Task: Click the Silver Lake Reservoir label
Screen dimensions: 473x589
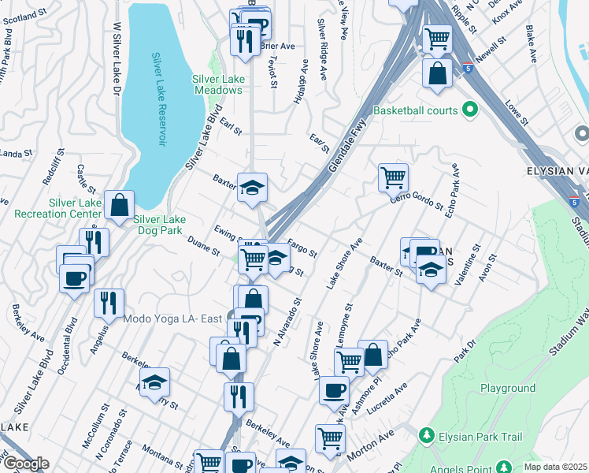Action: (x=160, y=100)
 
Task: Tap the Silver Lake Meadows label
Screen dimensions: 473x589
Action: (x=218, y=84)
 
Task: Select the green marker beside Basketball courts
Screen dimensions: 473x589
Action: (x=471, y=110)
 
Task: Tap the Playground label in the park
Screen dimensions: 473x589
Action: (x=508, y=388)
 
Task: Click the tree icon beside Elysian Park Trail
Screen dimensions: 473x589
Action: (x=426, y=434)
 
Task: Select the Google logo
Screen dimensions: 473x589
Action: (x=25, y=464)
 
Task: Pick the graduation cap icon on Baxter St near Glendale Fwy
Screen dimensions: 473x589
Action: (x=253, y=188)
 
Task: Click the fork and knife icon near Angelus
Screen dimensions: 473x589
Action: (x=109, y=302)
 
